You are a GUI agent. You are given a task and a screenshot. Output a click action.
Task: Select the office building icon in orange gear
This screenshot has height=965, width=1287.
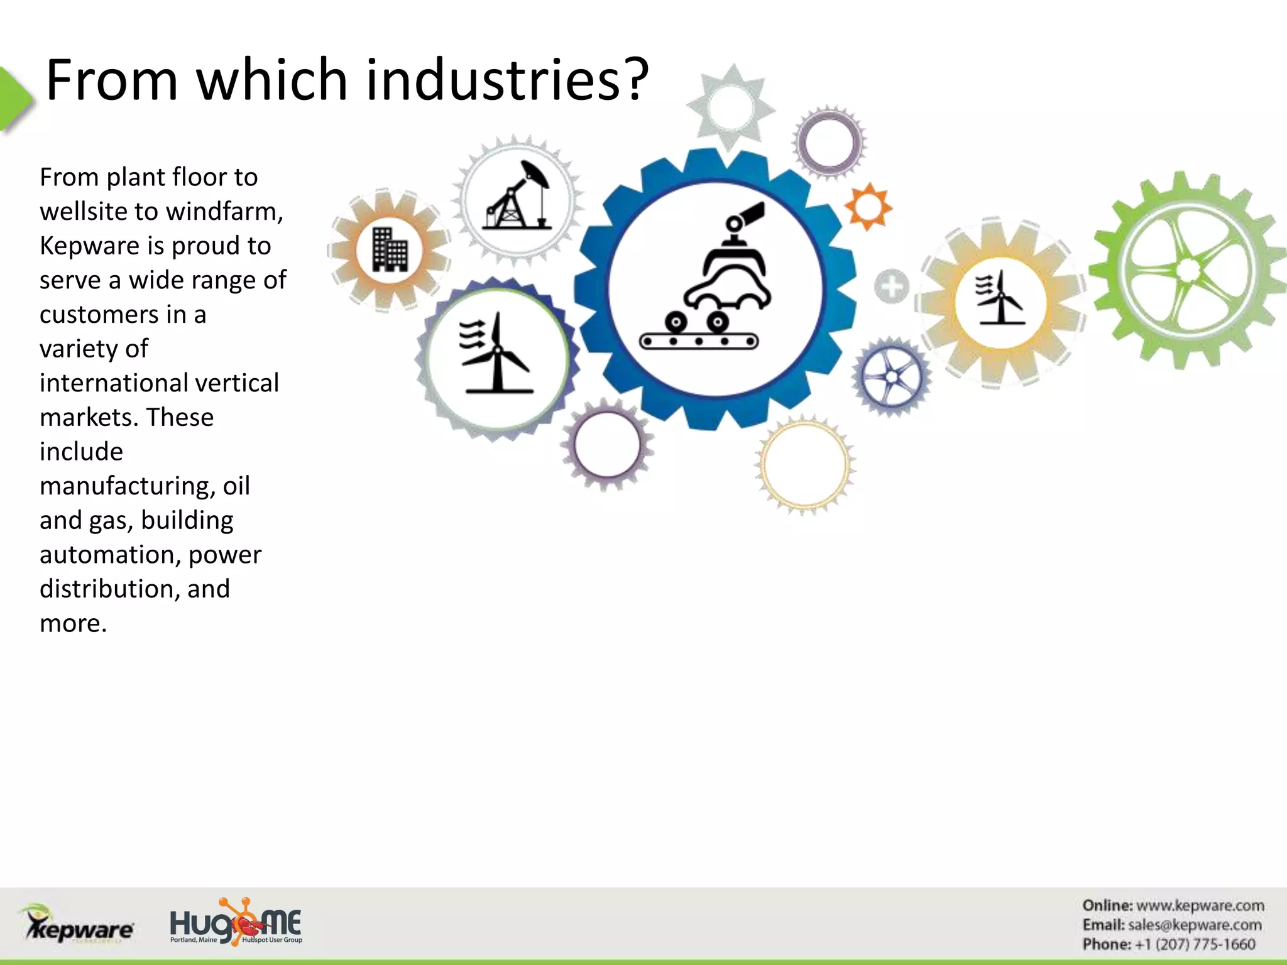[390, 249]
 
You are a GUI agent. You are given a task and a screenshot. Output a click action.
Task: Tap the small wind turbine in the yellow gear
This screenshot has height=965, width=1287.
[999, 299]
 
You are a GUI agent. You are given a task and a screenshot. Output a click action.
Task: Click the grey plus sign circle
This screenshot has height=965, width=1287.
[891, 286]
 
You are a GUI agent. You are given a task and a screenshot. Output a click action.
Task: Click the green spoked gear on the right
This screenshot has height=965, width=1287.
[1188, 270]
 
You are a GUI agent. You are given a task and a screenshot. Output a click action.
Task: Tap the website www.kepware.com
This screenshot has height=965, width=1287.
[1200, 905]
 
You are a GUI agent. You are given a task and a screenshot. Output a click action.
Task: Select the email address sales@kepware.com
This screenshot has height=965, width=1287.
[1194, 925]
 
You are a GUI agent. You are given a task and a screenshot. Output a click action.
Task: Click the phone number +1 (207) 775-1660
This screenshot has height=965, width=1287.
[1194, 944]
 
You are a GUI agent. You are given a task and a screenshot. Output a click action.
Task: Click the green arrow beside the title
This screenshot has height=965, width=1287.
[16, 99]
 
